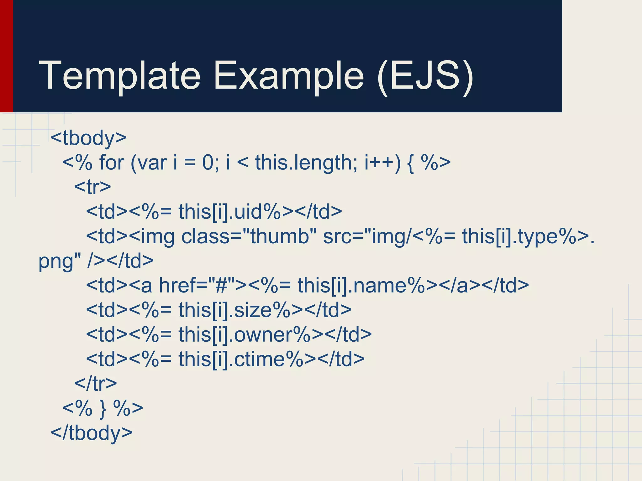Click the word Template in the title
[x=119, y=76]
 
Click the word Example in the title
[x=288, y=76]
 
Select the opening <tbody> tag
[x=88, y=138]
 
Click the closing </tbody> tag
[x=92, y=433]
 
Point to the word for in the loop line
[x=112, y=163]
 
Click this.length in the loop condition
[x=306, y=163]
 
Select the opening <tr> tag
[x=92, y=187]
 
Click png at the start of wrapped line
[x=56, y=261]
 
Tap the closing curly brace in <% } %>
[x=103, y=408]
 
